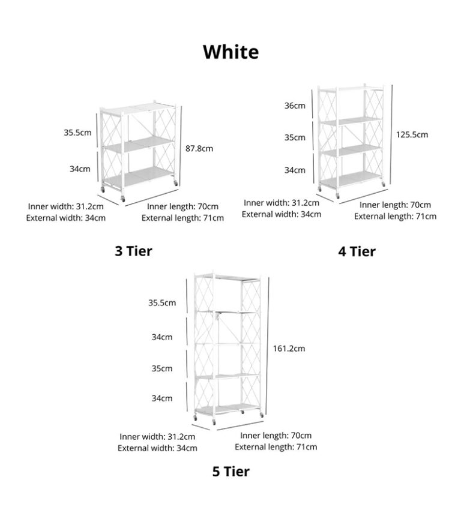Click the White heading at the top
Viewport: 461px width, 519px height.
pos(230,52)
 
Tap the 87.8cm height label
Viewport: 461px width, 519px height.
pos(199,148)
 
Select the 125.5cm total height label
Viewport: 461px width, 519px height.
pos(412,134)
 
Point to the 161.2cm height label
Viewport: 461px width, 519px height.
pos(289,348)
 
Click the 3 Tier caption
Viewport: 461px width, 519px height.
pos(133,250)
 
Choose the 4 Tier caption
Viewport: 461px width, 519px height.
pos(357,251)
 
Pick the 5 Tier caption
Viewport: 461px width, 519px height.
pos(230,471)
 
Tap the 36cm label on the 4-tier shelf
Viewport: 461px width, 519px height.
pos(295,106)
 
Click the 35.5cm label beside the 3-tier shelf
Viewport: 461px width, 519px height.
pos(77,133)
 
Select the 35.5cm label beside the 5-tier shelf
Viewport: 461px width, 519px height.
pos(162,302)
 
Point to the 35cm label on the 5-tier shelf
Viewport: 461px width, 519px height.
pos(162,368)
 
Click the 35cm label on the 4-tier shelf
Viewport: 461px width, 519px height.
pos(295,137)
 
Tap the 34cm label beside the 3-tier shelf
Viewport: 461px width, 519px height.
pos(80,169)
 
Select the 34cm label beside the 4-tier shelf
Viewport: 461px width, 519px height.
pos(295,170)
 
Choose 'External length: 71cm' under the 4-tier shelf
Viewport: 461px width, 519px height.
pos(395,216)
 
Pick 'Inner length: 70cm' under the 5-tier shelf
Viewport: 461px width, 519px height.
pos(276,435)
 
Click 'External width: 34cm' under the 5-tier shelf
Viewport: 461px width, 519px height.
pos(157,448)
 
